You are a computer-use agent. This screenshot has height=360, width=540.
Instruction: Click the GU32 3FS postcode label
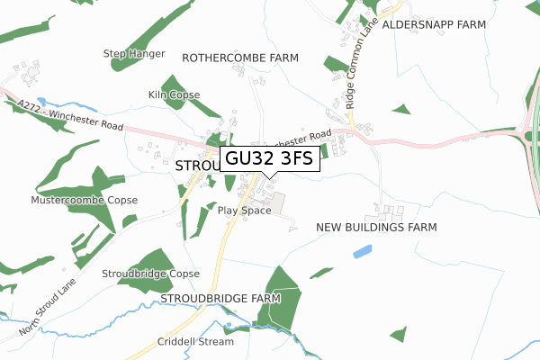[x=269, y=159]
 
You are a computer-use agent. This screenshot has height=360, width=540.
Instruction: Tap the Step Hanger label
[x=134, y=54]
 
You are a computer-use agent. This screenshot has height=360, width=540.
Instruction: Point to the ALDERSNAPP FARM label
[x=435, y=25]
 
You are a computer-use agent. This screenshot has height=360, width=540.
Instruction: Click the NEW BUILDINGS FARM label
[x=376, y=228]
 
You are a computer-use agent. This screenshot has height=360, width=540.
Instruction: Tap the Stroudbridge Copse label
[x=150, y=273]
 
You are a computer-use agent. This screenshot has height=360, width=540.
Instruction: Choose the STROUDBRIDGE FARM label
[x=220, y=297]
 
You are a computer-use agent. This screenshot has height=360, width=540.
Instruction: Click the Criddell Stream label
[x=195, y=342]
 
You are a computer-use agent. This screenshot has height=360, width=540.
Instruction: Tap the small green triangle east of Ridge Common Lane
[x=401, y=110]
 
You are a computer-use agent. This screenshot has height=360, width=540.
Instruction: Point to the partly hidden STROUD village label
[x=196, y=166]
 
